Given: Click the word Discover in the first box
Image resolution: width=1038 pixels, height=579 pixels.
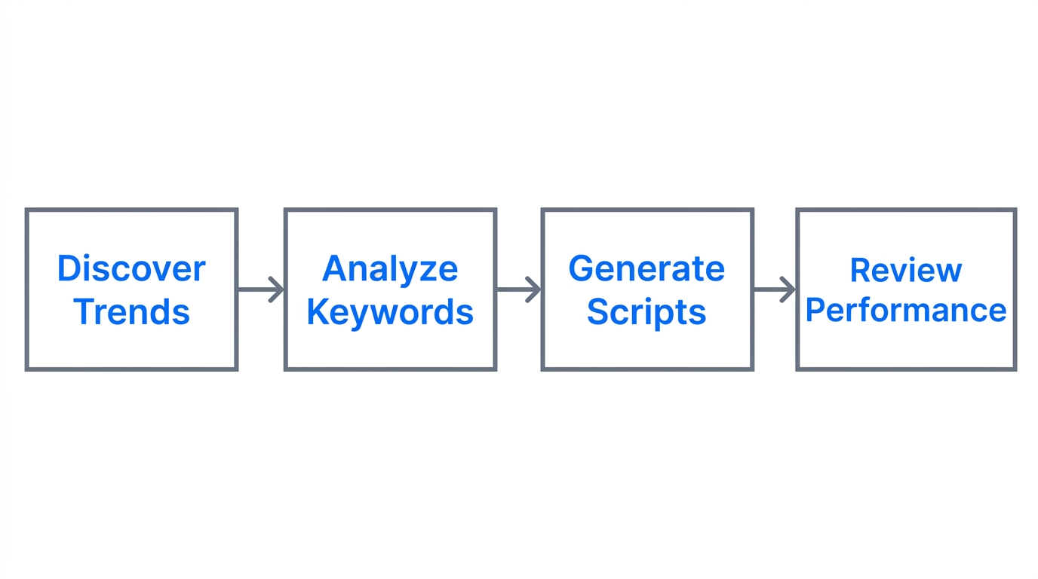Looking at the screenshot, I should [x=131, y=269].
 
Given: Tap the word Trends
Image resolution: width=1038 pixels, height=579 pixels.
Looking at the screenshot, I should [x=131, y=312].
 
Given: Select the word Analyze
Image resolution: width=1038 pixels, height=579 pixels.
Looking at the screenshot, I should [x=390, y=269].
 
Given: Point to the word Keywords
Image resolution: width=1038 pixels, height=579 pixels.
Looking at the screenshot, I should [x=390, y=312].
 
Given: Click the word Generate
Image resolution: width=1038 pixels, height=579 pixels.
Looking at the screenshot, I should [x=646, y=269].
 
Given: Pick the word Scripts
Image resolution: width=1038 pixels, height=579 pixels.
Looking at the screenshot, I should [x=646, y=312].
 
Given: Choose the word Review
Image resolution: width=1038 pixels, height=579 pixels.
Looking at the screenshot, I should [x=905, y=271].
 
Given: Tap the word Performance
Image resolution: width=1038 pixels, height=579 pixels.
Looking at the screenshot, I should [x=905, y=311].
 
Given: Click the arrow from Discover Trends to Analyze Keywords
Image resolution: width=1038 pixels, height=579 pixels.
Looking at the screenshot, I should [x=261, y=289].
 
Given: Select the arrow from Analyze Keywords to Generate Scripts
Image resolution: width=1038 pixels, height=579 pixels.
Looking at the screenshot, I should [x=519, y=289].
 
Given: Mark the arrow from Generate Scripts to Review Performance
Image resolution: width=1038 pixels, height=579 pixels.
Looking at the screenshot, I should [x=775, y=289].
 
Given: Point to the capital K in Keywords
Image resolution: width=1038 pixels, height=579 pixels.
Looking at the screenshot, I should [x=316, y=312].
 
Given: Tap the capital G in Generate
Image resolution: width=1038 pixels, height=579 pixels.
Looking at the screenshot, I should [x=582, y=269].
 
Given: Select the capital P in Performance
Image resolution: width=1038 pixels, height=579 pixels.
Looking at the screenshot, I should [x=814, y=311].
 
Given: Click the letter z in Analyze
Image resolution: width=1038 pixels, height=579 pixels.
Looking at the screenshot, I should [x=425, y=271].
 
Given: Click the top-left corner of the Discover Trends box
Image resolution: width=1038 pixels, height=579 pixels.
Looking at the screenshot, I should [x=27, y=210].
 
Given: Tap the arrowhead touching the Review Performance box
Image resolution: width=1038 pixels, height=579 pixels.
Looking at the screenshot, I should [x=790, y=289].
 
